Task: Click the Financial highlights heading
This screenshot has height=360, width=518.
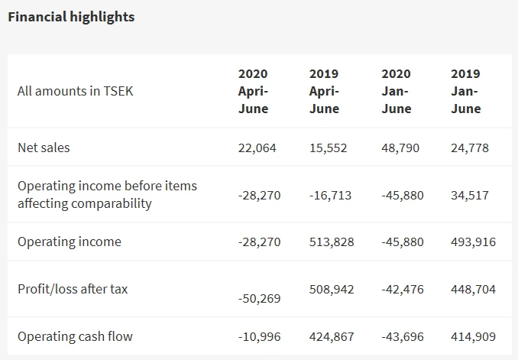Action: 71,17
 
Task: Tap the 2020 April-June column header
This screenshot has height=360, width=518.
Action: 254,91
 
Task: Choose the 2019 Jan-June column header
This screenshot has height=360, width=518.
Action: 466,91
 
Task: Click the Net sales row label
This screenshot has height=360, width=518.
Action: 44,148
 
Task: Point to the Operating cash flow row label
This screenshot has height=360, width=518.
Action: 75,336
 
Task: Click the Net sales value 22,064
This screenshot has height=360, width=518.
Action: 257,148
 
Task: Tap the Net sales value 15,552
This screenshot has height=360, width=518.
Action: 329,148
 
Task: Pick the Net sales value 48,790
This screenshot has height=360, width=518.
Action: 400,148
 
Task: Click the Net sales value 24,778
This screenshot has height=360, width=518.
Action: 470,148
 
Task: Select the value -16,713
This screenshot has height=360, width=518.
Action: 331,195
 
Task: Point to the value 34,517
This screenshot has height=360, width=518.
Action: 470,195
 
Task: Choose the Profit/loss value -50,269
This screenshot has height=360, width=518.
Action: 260,298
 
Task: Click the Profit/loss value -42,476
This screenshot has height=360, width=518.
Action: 402,290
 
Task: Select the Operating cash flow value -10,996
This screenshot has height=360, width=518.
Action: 260,336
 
